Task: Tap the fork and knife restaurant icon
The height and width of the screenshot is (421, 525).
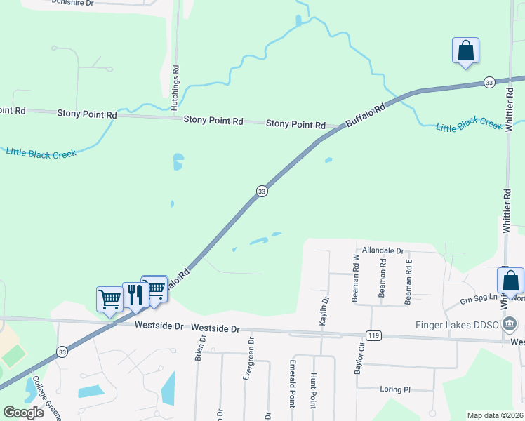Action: click(133, 295)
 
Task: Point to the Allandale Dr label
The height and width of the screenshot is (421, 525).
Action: click(383, 250)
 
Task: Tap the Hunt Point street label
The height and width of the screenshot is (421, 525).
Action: click(312, 391)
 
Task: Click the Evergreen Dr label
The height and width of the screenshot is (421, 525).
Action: click(247, 361)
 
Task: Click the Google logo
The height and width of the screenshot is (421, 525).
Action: click(24, 413)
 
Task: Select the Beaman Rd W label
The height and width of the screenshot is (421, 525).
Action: click(355, 279)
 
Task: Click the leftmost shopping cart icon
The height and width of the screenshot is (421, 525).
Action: click(109, 300)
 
